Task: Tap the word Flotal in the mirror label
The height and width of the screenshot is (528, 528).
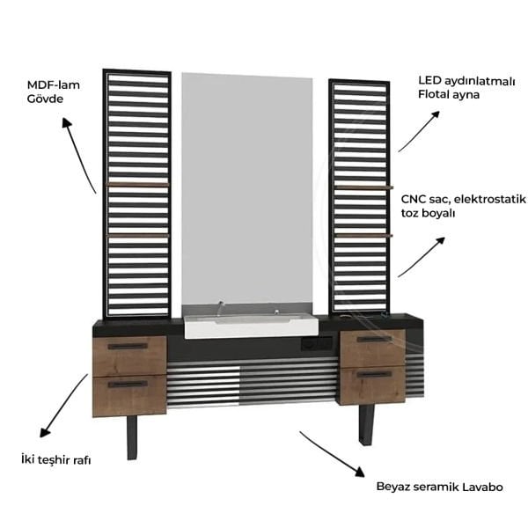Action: [x=437, y=94]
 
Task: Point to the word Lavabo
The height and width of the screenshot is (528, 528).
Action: [x=481, y=487]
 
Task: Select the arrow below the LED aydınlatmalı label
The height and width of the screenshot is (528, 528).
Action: [x=418, y=131]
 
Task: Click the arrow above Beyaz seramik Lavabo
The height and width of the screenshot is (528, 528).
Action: [x=330, y=452]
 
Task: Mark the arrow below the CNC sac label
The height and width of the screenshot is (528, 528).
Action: [x=421, y=257]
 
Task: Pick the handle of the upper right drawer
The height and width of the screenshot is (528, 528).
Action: [x=374, y=339]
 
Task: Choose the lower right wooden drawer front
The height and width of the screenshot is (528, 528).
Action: [x=373, y=386]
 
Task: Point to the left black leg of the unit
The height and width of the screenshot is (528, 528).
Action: [x=132, y=437]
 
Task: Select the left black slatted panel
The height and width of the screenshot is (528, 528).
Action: [x=136, y=194]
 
